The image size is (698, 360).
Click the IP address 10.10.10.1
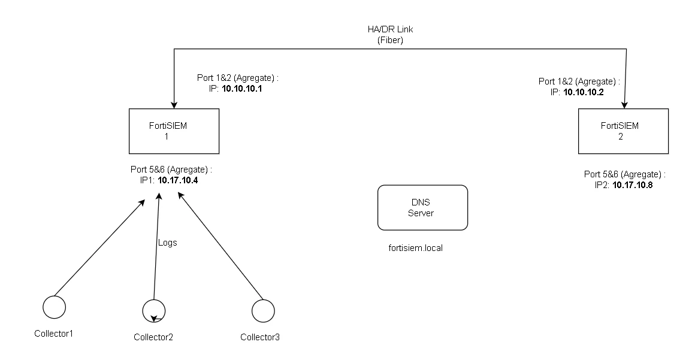241,89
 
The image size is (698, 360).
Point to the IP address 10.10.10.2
584,92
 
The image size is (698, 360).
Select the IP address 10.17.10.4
177,180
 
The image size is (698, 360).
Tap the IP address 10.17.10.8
633,185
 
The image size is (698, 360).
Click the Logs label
167,243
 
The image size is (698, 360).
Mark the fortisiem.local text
416,248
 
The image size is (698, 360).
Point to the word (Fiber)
390,40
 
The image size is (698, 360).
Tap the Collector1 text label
53,333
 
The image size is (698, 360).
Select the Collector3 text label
260,337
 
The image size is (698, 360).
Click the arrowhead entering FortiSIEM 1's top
174,104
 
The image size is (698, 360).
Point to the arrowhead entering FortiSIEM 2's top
624,104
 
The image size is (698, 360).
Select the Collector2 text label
153,337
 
